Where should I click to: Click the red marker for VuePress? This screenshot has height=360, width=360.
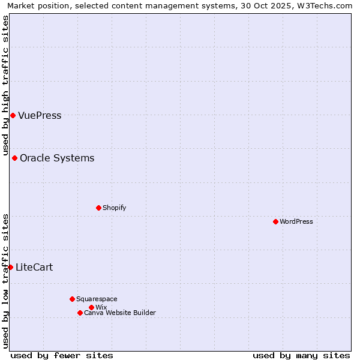[x=13, y=115]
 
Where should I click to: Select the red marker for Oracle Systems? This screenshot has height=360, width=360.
[x=14, y=158]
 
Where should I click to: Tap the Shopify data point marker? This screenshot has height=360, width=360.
[x=98, y=208]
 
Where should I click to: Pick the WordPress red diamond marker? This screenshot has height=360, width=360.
[x=275, y=221]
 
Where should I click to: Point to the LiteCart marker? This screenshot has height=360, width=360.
[x=10, y=267]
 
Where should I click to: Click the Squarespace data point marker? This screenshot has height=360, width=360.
[x=72, y=299]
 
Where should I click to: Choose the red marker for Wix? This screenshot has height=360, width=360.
[x=91, y=307]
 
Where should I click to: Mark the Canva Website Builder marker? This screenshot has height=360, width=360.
[x=80, y=313]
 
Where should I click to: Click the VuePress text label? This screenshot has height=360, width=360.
[x=40, y=116]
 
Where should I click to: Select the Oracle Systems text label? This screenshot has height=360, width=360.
[x=57, y=158]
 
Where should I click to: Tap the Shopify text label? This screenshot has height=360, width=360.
[x=114, y=208]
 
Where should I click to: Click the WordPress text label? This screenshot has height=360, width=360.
[x=296, y=221]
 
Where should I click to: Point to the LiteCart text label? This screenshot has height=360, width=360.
[x=34, y=268]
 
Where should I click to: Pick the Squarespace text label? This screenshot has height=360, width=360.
[x=97, y=299]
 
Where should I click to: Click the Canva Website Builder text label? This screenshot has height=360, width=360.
[x=120, y=313]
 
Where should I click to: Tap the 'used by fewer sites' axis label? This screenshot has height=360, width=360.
[x=62, y=355]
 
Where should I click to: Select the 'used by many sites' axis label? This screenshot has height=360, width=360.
[x=301, y=355]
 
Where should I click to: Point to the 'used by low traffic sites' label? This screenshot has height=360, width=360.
[x=5, y=280]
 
